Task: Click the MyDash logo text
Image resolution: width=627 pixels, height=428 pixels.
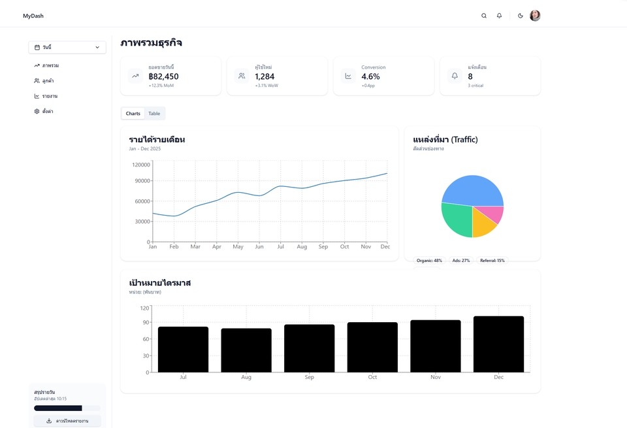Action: coord(33,16)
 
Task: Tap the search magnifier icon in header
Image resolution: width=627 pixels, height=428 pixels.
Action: coord(484,16)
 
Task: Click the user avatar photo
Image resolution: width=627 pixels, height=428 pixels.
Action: coord(535,16)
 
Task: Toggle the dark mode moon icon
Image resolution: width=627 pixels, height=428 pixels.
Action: coord(521,16)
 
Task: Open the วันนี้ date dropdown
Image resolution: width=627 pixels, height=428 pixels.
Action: coord(67,47)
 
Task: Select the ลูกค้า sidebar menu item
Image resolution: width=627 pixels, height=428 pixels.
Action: coord(48,81)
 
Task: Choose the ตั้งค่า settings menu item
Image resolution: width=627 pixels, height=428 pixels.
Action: coord(48,112)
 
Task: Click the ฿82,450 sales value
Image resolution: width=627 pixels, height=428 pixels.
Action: coord(163,76)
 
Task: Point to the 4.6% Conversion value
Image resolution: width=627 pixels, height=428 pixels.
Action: coord(370,76)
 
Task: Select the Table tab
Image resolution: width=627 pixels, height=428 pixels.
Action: coord(154,114)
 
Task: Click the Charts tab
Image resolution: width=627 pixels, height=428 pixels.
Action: coord(133,114)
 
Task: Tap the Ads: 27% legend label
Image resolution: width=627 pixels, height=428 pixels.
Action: coord(462,261)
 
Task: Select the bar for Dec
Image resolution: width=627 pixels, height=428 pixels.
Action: coord(498,344)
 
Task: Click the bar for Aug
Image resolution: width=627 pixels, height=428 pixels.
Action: coord(246,350)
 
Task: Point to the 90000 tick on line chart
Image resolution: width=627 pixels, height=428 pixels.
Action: coord(142,181)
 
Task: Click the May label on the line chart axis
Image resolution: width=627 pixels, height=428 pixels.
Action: coord(238,247)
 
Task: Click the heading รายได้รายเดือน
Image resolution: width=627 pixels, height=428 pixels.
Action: coord(157,140)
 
